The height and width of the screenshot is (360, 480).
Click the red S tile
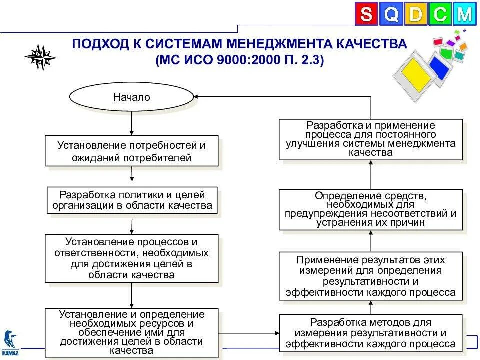coord(366,14)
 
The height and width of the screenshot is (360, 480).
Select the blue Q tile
coord(391,14)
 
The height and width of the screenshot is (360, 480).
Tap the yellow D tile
coord(415,14)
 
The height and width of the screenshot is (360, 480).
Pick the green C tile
coord(440,14)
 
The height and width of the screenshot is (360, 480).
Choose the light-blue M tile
coord(464,14)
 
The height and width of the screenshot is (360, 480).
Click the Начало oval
coord(131,97)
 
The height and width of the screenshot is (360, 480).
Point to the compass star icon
coord(40,57)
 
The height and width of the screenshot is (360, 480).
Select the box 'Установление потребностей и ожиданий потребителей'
coord(132,151)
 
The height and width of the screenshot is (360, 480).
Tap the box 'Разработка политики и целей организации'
coord(132,200)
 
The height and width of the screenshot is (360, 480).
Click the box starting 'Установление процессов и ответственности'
coord(132,258)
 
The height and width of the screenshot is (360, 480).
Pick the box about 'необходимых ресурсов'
coord(132,333)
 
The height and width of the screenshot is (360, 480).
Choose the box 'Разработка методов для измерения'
coord(370,333)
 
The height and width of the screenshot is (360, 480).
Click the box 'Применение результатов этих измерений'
coord(370,276)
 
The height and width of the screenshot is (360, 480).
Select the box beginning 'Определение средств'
coord(370,209)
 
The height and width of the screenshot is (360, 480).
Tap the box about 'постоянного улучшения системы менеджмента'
coord(370,139)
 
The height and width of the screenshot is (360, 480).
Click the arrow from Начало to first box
coord(132,123)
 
